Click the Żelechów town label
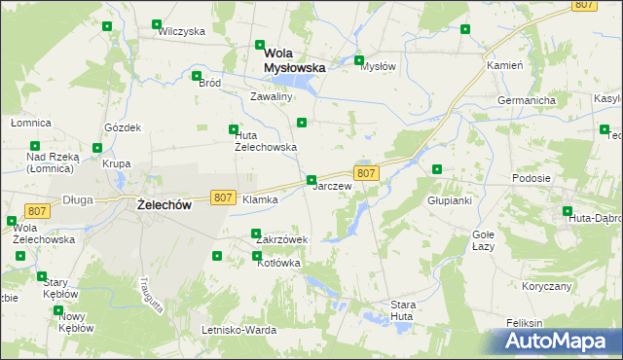pos(164,204)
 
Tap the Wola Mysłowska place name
pos(295,61)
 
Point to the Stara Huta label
pos(403,310)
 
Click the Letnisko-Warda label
pos(238,329)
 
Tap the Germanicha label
pos(526,101)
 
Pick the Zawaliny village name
pos(272,97)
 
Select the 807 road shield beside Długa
pos(37,211)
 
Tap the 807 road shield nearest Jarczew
pos(366,173)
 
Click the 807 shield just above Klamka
pos(222,197)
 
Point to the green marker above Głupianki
pos(437,169)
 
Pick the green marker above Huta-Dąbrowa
pos(568,210)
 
